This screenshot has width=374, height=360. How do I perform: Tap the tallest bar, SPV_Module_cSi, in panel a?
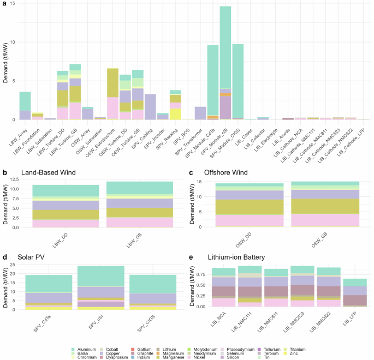(225, 60)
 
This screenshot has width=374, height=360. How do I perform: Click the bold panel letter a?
(4, 4)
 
